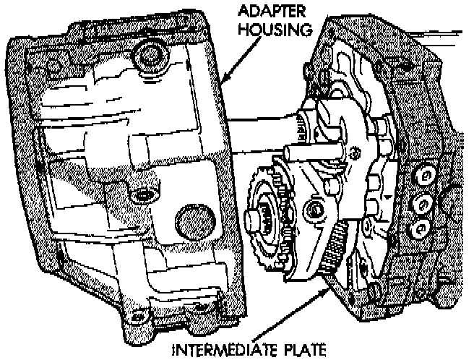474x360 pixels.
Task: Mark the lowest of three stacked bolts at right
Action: point(418,230)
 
